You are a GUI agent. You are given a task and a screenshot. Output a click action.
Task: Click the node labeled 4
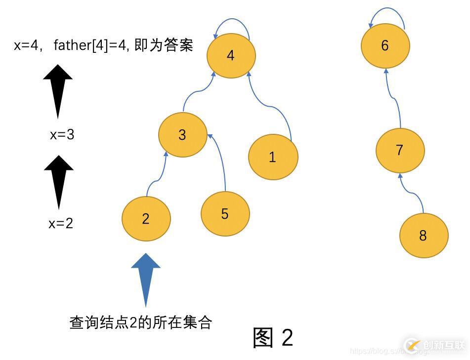231,55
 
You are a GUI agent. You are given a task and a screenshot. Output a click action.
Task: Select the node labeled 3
182,135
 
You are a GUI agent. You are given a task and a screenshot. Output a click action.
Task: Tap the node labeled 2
146,219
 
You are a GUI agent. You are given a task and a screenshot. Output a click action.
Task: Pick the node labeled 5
225,214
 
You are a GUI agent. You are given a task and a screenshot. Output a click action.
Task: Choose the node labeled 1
273,157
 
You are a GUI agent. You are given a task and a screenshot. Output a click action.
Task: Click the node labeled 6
385,46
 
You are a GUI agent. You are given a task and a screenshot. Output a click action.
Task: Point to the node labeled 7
400,151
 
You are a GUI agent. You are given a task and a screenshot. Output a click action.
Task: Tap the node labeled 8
423,236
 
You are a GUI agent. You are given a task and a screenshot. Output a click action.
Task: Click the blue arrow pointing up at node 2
146,279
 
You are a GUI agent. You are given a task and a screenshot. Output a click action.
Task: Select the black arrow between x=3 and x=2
59,181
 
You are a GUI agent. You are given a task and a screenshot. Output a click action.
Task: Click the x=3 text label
62,134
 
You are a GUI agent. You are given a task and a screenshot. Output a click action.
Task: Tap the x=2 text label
61,224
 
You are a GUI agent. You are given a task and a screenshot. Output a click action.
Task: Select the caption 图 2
273,337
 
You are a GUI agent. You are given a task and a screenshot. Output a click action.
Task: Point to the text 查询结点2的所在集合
141,322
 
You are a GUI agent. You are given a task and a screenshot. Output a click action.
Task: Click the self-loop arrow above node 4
232,22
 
